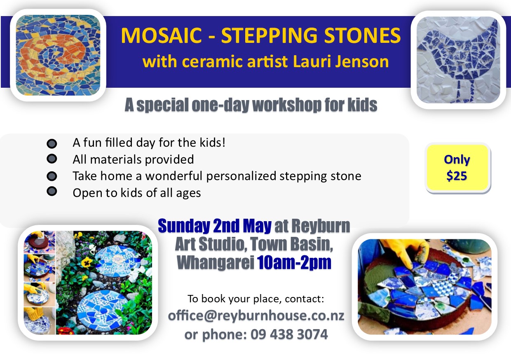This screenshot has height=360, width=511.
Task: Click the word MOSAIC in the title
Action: [x=161, y=35]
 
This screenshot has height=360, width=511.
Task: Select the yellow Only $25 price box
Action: [x=457, y=168]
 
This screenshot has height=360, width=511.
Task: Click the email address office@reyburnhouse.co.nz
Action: [x=256, y=316]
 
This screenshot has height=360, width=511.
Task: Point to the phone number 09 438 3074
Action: [x=289, y=334]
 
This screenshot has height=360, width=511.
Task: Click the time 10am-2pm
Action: [x=294, y=263]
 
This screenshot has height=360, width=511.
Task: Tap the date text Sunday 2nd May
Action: [x=215, y=226]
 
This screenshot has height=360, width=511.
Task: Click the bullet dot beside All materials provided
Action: [x=52, y=159]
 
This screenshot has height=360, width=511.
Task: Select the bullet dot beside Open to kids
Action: [x=52, y=191]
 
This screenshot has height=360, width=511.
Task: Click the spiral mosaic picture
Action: [x=58, y=55]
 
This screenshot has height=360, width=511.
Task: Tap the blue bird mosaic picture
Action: [x=458, y=60]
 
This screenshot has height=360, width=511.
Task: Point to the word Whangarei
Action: [x=216, y=263]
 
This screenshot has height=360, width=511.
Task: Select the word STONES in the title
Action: [x=363, y=35]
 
